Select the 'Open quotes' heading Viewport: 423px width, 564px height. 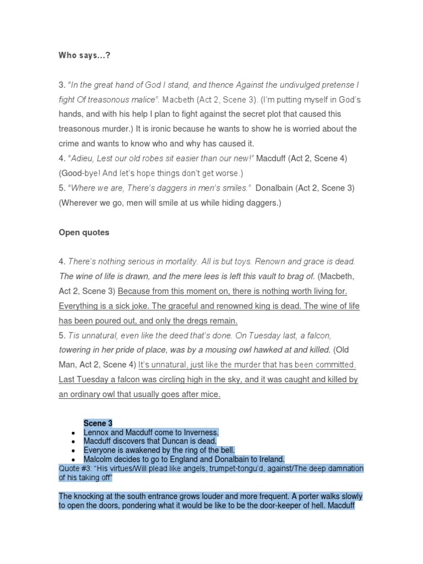pyautogui.click(x=84, y=232)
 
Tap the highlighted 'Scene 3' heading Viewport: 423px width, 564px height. pyautogui.click(x=98, y=423)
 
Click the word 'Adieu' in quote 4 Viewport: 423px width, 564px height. pyautogui.click(x=84, y=158)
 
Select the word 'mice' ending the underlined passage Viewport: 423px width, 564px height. pyautogui.click(x=210, y=394)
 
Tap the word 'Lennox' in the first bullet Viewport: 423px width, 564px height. pyautogui.click(x=97, y=432)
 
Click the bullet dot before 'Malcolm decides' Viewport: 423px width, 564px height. pyautogui.click(x=73, y=459)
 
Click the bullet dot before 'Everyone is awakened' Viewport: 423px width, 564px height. pyautogui.click(x=73, y=451)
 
